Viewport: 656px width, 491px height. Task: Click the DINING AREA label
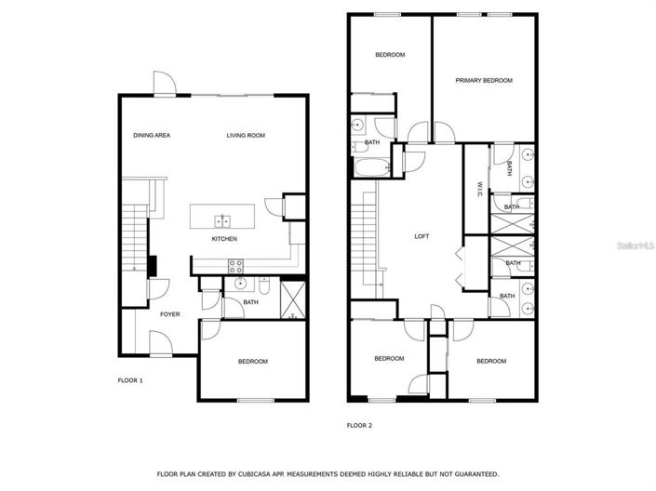click(x=152, y=135)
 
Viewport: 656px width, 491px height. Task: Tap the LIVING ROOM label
click(x=246, y=135)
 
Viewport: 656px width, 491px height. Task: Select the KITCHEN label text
click(x=224, y=239)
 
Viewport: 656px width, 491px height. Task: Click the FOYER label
click(x=170, y=314)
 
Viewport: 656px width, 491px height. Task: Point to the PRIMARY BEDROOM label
click(x=484, y=80)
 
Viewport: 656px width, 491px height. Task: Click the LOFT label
click(x=422, y=236)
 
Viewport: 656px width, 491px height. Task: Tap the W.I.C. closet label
click(x=479, y=190)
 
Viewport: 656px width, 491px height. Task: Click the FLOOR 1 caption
click(x=130, y=380)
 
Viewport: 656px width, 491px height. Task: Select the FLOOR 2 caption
click(x=359, y=425)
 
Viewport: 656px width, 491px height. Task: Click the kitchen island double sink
click(x=222, y=220)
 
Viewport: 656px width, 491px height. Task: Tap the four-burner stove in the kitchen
click(x=235, y=266)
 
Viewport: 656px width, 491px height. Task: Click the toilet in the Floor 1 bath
click(x=264, y=285)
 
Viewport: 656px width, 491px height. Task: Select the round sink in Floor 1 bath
click(x=240, y=284)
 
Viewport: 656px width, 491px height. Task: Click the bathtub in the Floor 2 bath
click(x=372, y=167)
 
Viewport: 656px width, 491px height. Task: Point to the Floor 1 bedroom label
click(x=253, y=362)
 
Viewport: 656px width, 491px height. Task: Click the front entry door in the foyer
click(x=161, y=344)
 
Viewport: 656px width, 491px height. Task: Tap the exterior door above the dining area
click(x=165, y=84)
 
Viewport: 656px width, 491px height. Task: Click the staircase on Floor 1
click(x=134, y=237)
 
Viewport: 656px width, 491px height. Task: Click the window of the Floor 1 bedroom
click(x=255, y=400)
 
